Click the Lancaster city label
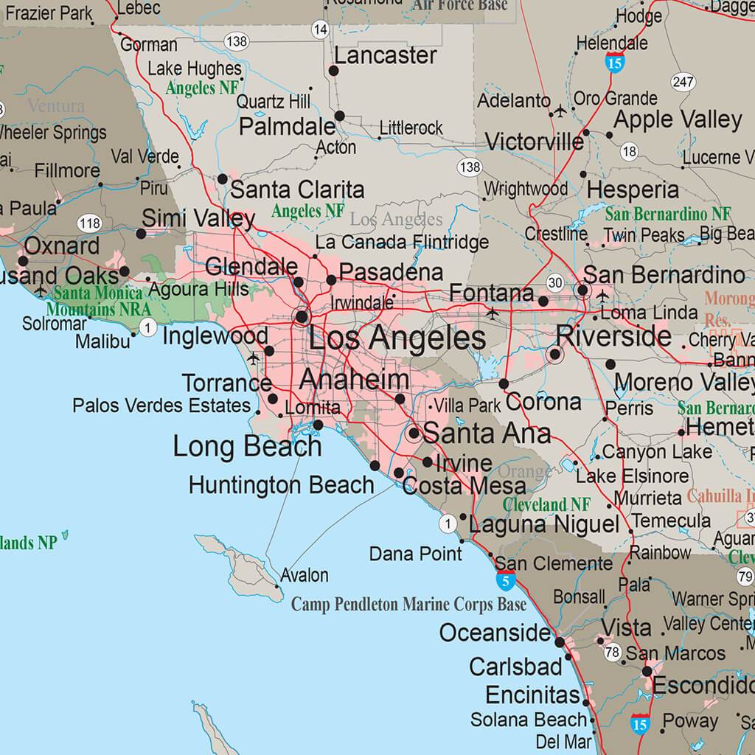(385, 56)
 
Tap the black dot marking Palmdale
(339, 116)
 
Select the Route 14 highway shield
(319, 29)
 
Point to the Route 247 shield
(683, 82)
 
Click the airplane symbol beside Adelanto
(560, 111)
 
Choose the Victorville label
(534, 141)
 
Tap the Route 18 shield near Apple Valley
(629, 152)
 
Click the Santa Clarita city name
(297, 189)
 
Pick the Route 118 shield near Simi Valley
(90, 223)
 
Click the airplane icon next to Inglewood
(254, 358)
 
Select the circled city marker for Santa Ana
(414, 434)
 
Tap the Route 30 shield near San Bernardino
(555, 282)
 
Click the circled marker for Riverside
(555, 355)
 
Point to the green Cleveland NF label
(546, 505)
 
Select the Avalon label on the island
(305, 575)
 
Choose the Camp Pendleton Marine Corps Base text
(408, 605)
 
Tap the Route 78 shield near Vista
(612, 652)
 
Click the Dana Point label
(415, 553)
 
